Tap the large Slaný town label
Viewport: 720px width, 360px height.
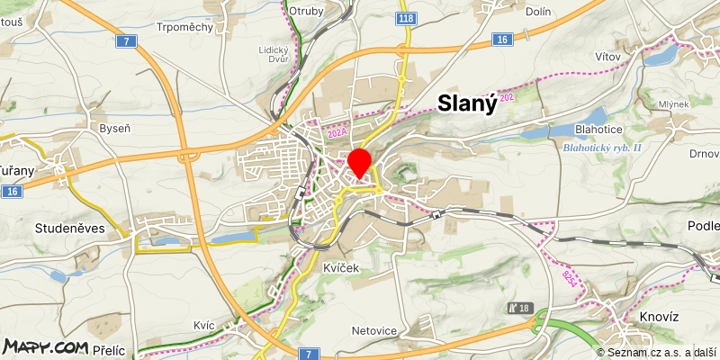click(467, 103)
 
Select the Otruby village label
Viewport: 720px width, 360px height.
click(306, 11)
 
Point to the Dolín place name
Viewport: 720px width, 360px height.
click(537, 12)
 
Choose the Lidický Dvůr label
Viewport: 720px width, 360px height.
click(273, 55)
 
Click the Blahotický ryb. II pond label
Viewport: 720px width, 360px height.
click(602, 148)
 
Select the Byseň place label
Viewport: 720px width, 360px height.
click(114, 129)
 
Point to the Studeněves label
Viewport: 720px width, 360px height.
click(70, 229)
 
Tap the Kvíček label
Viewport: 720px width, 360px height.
click(341, 268)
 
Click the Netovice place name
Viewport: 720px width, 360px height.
click(373, 330)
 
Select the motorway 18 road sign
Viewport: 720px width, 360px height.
click(520, 308)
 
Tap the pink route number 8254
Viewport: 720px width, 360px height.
click(569, 278)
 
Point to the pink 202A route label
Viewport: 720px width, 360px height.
click(337, 133)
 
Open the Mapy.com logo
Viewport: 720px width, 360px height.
click(45, 346)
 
